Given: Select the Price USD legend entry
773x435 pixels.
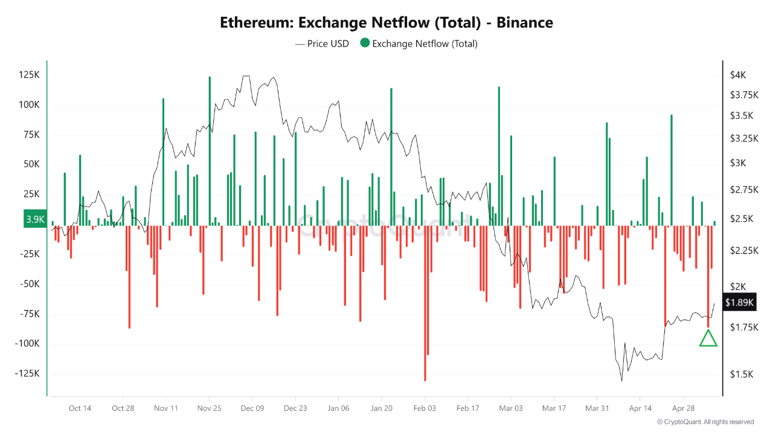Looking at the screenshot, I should tap(322, 43).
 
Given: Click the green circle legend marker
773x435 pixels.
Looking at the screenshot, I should tap(365, 43).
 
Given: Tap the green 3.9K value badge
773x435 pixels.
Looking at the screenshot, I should tap(35, 219).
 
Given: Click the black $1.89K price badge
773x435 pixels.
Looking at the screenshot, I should tap(739, 303).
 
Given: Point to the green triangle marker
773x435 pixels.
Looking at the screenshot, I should tap(708, 340).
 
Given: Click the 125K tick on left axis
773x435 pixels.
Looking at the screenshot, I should tap(29, 75).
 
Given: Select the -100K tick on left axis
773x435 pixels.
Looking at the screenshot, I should tap(27, 344).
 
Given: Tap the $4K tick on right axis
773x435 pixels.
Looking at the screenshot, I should tap(738, 75).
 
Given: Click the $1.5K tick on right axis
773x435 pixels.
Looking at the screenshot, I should tap(741, 375).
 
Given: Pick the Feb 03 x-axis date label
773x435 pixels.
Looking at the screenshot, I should tap(425, 408).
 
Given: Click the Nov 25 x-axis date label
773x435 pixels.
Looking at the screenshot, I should tap(209, 408).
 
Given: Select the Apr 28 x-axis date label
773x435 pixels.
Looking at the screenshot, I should tap(683, 408).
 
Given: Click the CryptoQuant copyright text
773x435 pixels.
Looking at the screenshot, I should tap(705, 422).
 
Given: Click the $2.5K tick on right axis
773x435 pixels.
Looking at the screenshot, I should tap(741, 219).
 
